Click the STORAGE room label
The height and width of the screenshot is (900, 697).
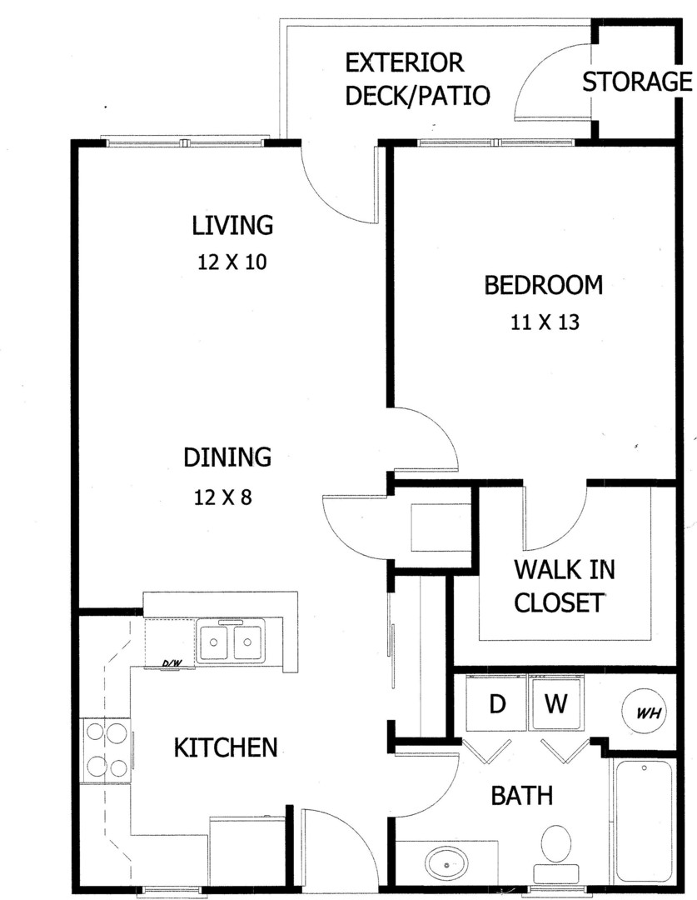(637, 82)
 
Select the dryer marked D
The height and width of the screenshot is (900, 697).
(497, 703)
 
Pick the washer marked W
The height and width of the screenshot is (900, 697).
(556, 703)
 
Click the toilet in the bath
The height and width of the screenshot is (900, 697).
(556, 853)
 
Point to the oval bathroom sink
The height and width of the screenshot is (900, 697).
(446, 863)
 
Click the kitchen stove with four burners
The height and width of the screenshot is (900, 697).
(107, 750)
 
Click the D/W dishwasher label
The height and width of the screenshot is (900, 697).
(172, 663)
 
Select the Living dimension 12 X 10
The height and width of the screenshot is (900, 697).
(232, 262)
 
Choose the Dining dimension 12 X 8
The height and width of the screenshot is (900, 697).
(222, 497)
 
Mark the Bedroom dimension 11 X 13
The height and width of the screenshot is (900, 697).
(545, 322)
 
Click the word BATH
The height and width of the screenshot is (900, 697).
(522, 796)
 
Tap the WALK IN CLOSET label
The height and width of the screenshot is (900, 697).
(565, 586)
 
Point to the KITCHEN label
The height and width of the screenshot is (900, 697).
(226, 747)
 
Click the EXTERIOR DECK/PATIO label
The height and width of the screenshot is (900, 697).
(417, 79)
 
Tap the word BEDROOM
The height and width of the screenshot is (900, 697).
(543, 285)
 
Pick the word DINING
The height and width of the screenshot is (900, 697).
(227, 457)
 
